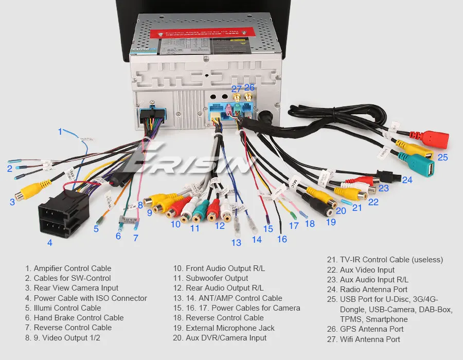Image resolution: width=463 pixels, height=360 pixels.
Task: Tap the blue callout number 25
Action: pyautogui.click(x=442, y=157)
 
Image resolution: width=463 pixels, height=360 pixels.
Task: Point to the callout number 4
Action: pyautogui.click(x=49, y=242)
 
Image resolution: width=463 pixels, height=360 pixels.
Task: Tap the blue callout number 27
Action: pyautogui.click(x=236, y=88)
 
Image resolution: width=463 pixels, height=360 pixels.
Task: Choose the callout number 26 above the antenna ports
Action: pyautogui.click(x=250, y=87)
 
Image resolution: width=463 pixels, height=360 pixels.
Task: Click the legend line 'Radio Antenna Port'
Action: pyautogui.click(x=373, y=290)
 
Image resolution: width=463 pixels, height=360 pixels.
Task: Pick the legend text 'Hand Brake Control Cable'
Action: pyautogui.click(x=78, y=318)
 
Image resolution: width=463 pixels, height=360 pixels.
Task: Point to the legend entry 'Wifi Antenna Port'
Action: pyautogui.click(x=370, y=339)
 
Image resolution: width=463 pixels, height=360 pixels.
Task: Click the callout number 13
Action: pyautogui.click(x=236, y=243)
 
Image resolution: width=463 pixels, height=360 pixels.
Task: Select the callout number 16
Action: pyautogui.click(x=281, y=239)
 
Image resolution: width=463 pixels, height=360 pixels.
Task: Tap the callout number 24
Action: pyautogui.click(x=407, y=180)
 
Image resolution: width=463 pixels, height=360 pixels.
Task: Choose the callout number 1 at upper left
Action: pyautogui.click(x=60, y=131)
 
